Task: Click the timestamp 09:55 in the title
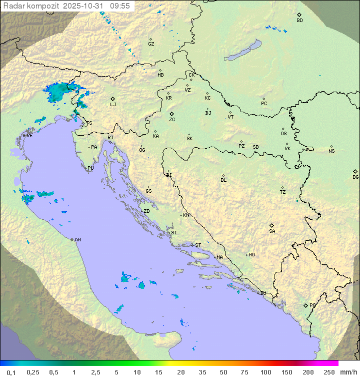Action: pos(120,6)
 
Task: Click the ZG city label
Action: pos(172,120)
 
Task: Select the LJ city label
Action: pos(113,104)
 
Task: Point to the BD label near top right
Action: pos(299,21)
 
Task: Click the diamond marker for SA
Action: pos(272,225)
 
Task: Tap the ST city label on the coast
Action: pos(198,245)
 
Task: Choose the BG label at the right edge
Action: pos(355,177)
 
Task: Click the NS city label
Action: pos(331,151)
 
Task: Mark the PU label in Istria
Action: pos(90,168)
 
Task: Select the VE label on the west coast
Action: pos(29,136)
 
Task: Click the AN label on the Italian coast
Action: pos(77,240)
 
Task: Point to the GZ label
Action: pos(151,44)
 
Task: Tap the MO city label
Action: pos(251,254)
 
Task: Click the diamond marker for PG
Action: pos(306,305)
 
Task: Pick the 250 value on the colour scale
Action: pos(329,372)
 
